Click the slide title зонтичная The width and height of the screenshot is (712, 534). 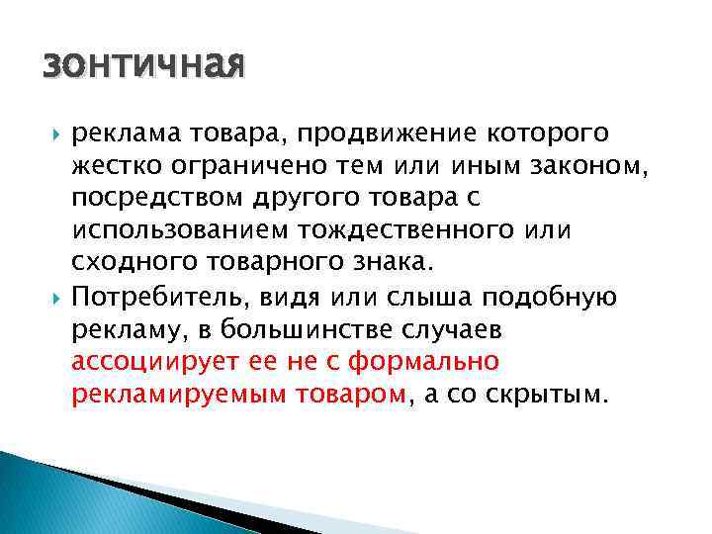(142, 67)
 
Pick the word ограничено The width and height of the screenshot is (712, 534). (238, 166)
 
